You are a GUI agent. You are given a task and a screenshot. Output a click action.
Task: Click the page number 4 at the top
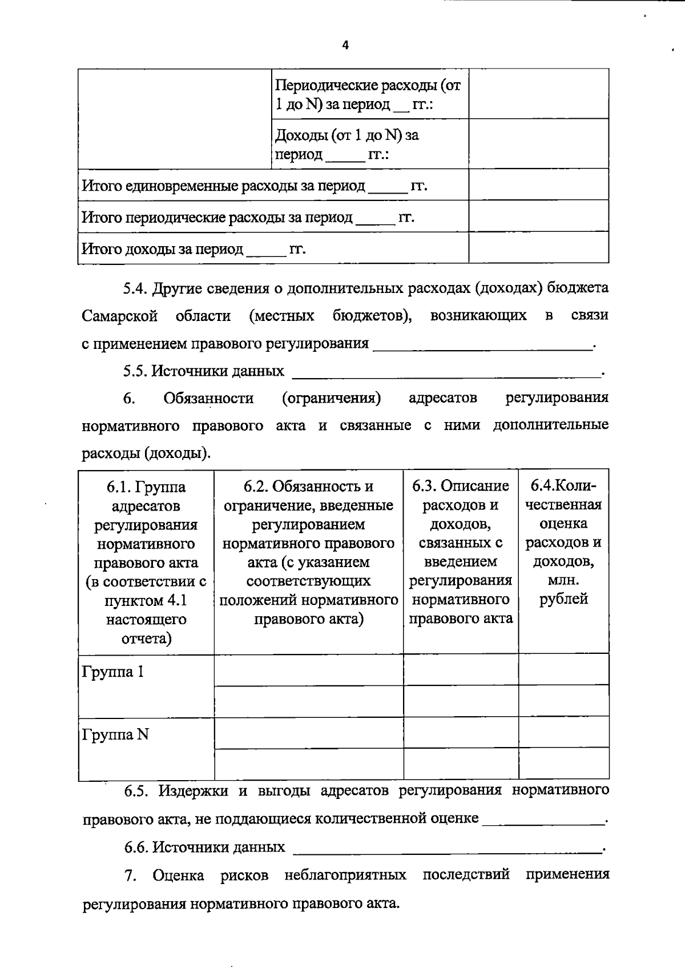[x=345, y=46]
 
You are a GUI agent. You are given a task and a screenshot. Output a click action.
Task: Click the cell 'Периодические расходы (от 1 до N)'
[x=369, y=95]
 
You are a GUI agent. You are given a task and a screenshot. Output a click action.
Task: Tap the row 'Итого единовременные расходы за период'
[x=255, y=186]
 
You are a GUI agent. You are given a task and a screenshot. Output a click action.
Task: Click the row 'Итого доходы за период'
[x=194, y=249]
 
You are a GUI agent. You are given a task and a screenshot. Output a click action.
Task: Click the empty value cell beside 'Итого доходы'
[x=538, y=248]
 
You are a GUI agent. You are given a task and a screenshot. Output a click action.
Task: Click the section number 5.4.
[x=135, y=288]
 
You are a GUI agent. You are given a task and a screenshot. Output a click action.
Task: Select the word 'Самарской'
[x=119, y=316]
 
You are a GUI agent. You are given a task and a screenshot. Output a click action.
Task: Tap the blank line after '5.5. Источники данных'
[x=446, y=375]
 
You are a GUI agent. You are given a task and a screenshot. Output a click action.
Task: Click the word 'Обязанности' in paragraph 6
[x=208, y=398]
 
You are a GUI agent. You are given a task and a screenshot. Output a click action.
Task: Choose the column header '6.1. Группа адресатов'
[x=146, y=562]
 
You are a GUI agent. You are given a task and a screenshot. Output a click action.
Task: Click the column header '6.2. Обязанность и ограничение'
[x=308, y=552]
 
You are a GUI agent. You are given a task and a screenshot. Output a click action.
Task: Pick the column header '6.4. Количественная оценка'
[x=563, y=542]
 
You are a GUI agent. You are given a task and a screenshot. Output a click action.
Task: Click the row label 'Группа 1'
[x=113, y=672]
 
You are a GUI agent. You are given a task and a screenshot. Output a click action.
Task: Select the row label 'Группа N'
[x=115, y=734]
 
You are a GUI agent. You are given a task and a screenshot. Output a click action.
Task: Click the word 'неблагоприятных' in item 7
[x=345, y=875]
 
